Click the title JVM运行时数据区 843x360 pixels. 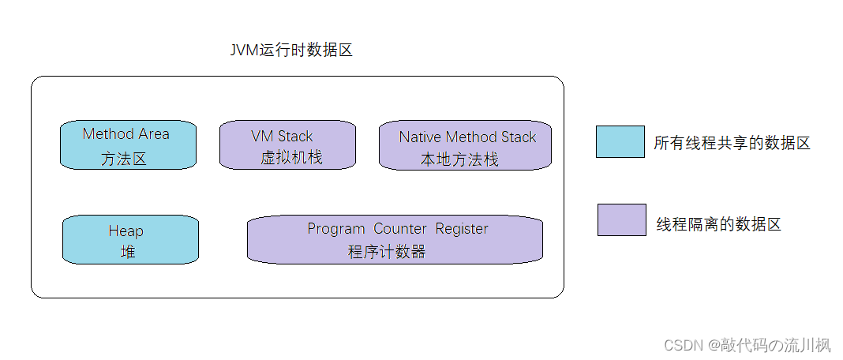tap(290, 51)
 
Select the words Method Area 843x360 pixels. tap(126, 134)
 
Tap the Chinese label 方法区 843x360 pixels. tap(124, 159)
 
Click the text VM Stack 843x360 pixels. tap(282, 137)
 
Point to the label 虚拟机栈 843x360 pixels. tap(291, 158)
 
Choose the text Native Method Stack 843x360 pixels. tap(467, 137)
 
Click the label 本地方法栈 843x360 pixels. tap(459, 159)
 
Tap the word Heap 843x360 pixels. tap(126, 231)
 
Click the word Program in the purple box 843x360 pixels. tap(335, 229)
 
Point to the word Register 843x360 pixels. tap(462, 229)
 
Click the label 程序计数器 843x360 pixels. tap(387, 253)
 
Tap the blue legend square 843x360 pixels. tap(620, 142)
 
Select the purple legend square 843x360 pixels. tap(620, 219)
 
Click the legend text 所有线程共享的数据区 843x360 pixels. tap(732, 143)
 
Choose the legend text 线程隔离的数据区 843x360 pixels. tap(718, 224)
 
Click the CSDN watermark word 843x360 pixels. tap(684, 345)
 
